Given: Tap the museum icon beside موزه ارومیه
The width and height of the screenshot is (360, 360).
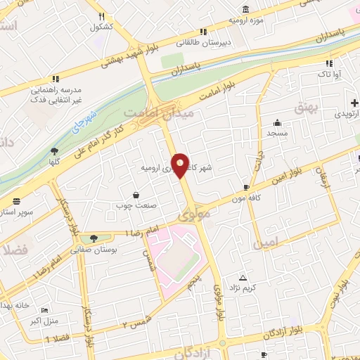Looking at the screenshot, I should (x=245, y=9).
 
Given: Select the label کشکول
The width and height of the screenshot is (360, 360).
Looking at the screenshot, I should (x=102, y=27).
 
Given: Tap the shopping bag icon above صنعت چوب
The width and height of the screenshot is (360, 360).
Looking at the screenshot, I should (x=136, y=195).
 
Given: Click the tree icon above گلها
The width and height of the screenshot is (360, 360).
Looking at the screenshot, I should (x=53, y=150).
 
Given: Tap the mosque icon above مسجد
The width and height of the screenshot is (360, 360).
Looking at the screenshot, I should (x=277, y=122).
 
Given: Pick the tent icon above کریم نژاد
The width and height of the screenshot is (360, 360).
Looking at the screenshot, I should (x=243, y=278).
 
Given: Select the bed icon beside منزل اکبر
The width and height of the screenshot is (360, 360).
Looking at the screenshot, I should (x=46, y=310).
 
